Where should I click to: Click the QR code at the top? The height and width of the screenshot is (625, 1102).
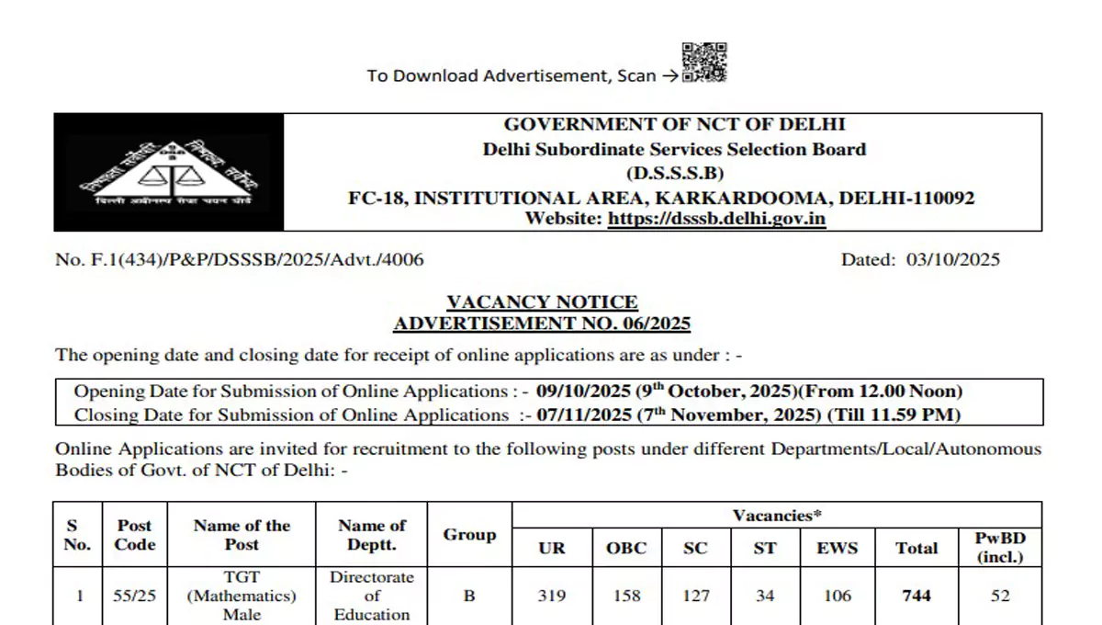pos(704,62)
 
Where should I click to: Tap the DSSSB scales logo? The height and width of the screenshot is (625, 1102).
pos(167,172)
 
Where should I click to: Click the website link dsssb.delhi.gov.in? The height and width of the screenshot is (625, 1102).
pos(717,219)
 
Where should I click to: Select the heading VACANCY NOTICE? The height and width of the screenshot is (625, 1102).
pos(542,302)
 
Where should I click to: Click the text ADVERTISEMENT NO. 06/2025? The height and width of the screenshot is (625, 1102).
pos(542,324)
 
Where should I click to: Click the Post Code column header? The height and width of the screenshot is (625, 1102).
pos(134,535)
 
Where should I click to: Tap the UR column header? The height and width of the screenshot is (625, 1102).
pos(552,549)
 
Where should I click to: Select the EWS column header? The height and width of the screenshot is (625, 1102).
pos(837,549)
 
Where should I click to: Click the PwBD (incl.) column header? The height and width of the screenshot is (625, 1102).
pos(1000,547)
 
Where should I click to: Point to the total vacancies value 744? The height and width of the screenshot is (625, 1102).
pos(916,596)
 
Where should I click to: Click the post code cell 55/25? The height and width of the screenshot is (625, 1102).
pos(134,596)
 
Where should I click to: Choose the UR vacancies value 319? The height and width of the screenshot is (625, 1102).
pos(552,596)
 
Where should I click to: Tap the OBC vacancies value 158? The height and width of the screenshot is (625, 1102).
pos(626,596)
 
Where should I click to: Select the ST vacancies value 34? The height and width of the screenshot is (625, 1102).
pos(765,596)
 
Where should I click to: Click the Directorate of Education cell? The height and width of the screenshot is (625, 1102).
pos(372,596)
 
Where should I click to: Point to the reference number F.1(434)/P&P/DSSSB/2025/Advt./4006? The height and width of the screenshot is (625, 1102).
pos(240,260)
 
